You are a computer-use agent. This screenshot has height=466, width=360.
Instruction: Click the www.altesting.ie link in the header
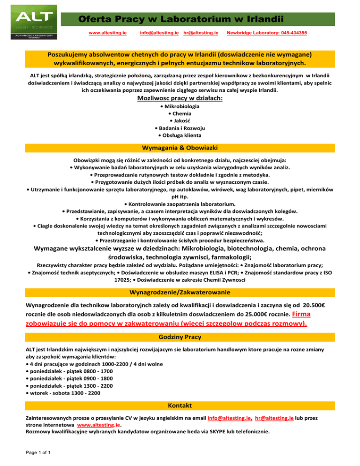pos(107,33)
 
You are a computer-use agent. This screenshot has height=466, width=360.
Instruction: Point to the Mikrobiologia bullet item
pos(180,107)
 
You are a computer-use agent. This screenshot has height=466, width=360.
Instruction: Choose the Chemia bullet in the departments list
pos(180,114)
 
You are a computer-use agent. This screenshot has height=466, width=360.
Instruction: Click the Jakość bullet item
pos(180,121)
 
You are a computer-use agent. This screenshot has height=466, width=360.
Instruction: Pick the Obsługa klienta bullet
pos(180,135)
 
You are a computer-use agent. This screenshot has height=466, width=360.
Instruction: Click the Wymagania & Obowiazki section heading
pos(180,148)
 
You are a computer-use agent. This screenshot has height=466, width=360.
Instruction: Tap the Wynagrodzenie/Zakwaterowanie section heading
pos(180,292)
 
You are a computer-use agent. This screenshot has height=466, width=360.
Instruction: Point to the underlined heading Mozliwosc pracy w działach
pos(180,98)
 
